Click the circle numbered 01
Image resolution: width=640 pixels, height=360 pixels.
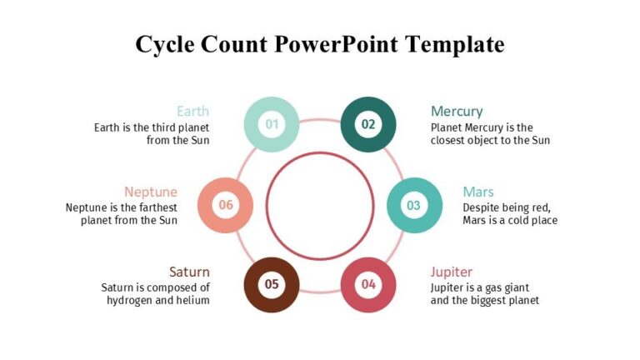tap(272, 125)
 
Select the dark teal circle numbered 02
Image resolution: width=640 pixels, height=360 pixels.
tap(368, 125)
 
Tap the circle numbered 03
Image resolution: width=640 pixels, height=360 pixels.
tap(414, 205)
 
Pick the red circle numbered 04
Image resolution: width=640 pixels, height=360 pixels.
tap(368, 284)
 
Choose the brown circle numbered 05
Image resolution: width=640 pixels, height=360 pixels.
tap(272, 284)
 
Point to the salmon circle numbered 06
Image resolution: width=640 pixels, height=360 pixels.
tap(225, 205)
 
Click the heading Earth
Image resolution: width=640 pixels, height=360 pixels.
tap(192, 111)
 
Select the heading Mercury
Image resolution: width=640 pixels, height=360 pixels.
tap(457, 111)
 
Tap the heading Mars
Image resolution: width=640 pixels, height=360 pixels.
tap(478, 192)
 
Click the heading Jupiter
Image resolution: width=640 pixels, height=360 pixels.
tap(452, 272)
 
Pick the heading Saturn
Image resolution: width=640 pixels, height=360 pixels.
tap(189, 272)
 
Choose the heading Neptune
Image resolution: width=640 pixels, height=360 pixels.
tap(151, 192)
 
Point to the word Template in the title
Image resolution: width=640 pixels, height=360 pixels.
tap(455, 44)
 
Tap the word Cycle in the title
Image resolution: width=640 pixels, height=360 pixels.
tap(165, 44)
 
